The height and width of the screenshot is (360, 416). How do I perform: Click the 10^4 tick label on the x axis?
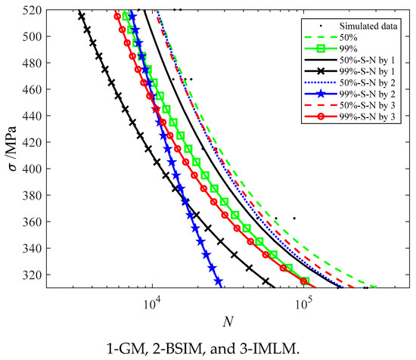tap(152, 302)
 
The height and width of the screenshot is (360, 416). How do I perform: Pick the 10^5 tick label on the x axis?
tap(303, 302)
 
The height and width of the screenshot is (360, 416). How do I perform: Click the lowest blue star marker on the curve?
tap(219, 281)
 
